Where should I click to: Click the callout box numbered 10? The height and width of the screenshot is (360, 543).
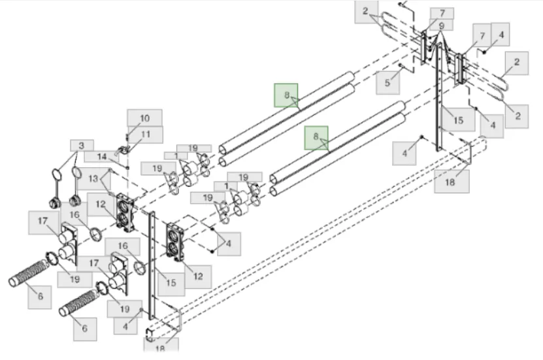click(144, 118)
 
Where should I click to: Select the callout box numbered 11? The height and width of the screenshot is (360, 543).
click(145, 134)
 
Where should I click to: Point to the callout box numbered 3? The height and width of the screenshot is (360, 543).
click(82, 145)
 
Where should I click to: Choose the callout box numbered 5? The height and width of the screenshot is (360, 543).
click(387, 83)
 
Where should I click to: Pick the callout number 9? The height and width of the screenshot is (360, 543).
click(442, 26)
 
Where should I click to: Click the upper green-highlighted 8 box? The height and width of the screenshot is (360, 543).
click(286, 95)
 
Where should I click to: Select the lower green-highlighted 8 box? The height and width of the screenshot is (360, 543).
click(316, 138)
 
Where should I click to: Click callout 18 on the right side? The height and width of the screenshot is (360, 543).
click(452, 182)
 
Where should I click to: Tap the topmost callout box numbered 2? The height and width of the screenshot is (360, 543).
click(366, 12)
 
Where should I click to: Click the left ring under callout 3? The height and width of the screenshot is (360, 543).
click(58, 174)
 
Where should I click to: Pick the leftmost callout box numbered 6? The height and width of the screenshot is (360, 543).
click(40, 297)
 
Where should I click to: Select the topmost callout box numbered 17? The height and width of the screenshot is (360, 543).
click(43, 221)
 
